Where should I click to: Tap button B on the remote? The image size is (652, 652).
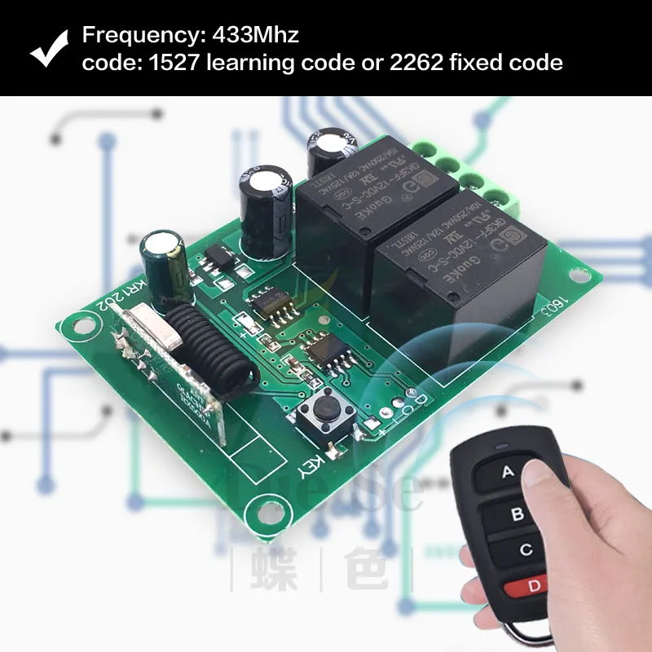[x=518, y=515]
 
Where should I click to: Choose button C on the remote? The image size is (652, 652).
[x=526, y=550]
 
